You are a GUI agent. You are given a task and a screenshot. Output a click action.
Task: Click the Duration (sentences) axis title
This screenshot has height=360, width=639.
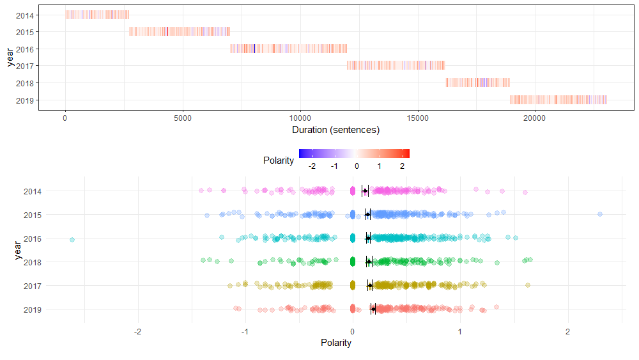(335, 130)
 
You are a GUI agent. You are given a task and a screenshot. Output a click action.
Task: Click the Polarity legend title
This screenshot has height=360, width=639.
(279, 160)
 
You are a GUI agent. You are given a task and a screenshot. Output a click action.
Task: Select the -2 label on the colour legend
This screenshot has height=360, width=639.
(312, 166)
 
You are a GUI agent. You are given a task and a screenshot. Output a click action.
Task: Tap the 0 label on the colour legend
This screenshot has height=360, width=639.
(357, 166)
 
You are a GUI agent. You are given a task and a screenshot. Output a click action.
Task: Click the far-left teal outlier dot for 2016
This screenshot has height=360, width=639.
(72, 240)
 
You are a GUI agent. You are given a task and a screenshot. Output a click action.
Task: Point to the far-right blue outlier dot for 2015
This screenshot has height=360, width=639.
(599, 214)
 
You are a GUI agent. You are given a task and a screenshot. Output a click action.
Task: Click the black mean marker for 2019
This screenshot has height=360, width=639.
(373, 310)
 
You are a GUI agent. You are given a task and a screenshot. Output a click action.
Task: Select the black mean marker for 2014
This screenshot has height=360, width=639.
(365, 191)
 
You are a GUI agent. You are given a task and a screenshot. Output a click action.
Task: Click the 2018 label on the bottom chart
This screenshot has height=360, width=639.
(32, 262)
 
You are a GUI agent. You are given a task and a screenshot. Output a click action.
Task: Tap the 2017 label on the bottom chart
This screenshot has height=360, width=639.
(32, 286)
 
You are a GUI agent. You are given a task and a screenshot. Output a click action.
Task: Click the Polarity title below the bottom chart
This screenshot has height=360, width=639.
(335, 343)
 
